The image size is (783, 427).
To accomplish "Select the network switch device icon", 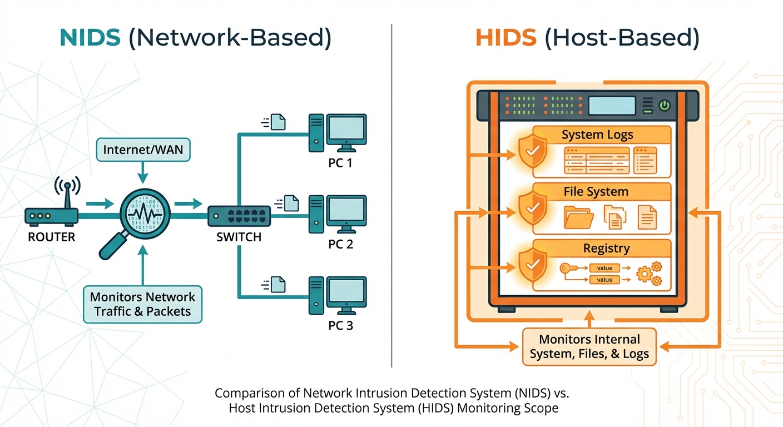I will coord(239,216).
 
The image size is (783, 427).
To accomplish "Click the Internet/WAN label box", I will coord(143,150).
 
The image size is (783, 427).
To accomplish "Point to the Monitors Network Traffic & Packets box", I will coord(142,304).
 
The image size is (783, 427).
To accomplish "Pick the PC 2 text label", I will coord(340,244).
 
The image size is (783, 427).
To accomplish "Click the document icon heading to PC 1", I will coord(277,122).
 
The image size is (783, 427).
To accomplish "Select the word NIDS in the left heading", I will coord(90,38).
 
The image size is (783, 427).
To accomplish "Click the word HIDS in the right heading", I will coord(506,38).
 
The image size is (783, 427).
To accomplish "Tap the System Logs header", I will coord(597,135).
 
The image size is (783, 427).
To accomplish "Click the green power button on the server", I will coord(665,106).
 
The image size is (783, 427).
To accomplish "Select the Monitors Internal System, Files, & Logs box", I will coord(589,346).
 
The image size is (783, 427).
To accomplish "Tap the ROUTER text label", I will coord(51,237).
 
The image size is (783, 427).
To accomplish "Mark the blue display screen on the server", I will coord(612,106).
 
